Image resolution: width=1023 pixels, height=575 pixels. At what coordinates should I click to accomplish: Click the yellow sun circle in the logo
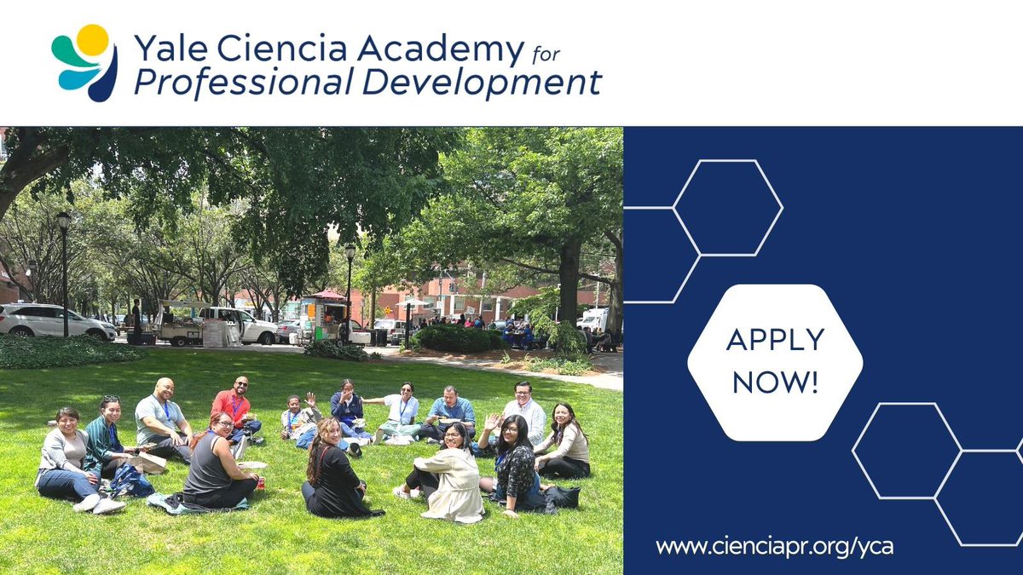click(92, 40)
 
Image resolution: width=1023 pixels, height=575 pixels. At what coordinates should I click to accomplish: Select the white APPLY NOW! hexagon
click(774, 362)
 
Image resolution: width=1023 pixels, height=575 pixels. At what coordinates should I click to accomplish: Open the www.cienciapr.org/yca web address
click(774, 547)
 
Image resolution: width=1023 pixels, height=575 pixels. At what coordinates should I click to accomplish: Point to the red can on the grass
click(260, 483)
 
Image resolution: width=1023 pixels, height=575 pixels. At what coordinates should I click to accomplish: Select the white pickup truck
click(234, 325)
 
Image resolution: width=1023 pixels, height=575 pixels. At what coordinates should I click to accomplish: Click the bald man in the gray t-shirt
click(162, 418)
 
